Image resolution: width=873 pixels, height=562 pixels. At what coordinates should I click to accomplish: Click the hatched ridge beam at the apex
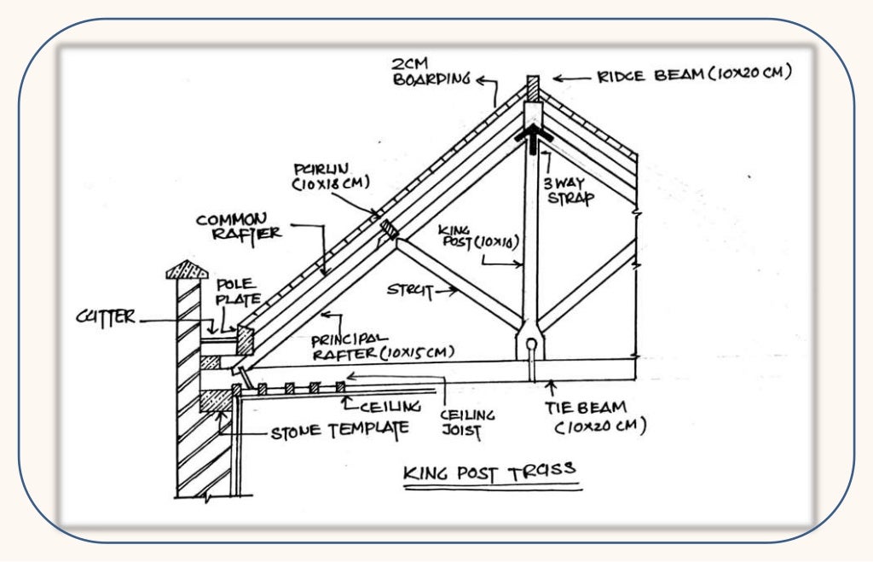click(534, 88)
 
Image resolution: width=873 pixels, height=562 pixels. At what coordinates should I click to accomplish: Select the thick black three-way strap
click(533, 136)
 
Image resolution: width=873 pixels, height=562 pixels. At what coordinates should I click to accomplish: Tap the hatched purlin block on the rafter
click(389, 229)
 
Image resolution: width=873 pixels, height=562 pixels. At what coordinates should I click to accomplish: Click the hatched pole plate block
click(245, 340)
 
